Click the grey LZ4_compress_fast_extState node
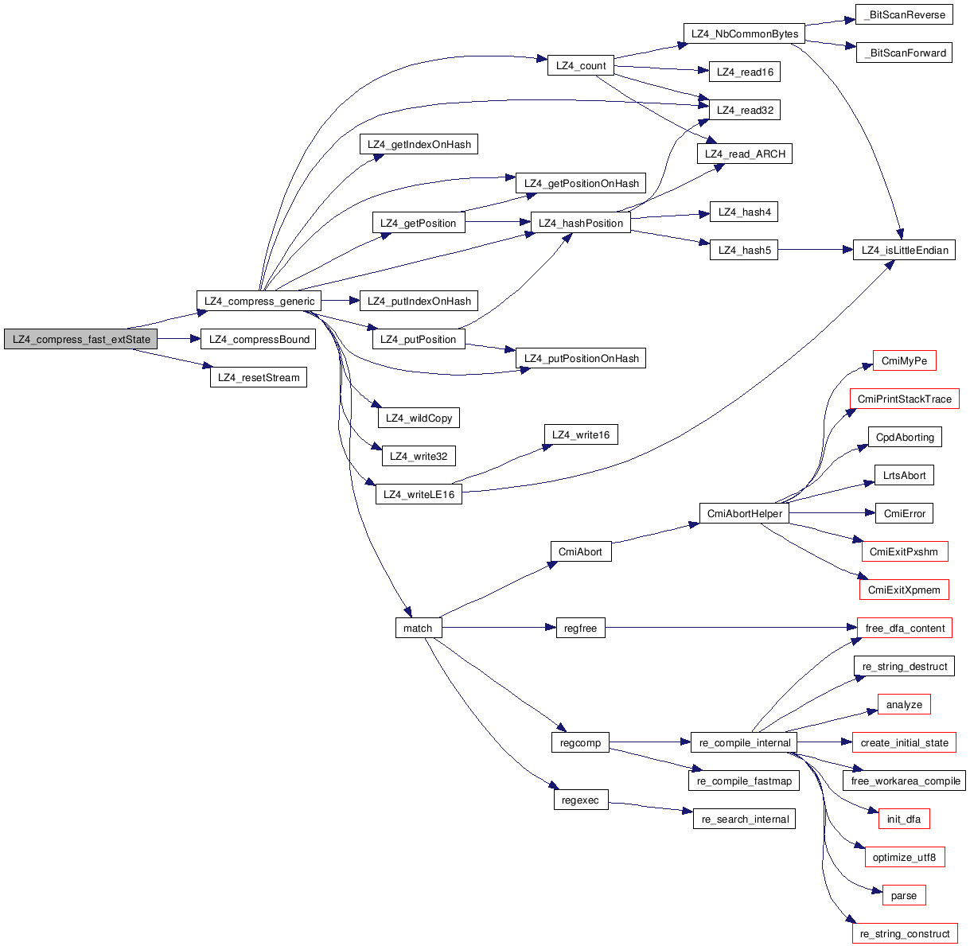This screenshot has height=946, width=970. click(80, 340)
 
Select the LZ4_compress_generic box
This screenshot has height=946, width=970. click(259, 302)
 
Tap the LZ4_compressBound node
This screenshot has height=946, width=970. click(259, 340)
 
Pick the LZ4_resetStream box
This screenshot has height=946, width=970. click(259, 378)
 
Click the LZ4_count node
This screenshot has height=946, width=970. click(581, 66)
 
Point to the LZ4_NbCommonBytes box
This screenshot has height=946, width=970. click(744, 34)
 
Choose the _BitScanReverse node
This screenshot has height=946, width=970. click(904, 15)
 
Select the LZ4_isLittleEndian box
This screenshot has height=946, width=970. click(904, 251)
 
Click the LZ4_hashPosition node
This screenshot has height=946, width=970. click(581, 224)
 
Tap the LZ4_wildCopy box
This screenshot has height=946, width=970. click(419, 418)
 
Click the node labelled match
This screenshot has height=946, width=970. click(418, 629)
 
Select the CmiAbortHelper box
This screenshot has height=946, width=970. click(745, 514)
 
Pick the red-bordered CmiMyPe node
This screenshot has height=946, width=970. click(904, 361)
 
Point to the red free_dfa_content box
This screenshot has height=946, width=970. click(904, 629)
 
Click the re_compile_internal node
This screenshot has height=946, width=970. click(745, 743)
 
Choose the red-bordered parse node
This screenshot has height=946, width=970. click(904, 896)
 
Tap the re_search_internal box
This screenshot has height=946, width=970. click(745, 819)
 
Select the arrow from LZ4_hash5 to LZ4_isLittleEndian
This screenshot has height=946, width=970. click(815, 251)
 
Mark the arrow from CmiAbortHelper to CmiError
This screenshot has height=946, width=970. click(832, 514)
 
